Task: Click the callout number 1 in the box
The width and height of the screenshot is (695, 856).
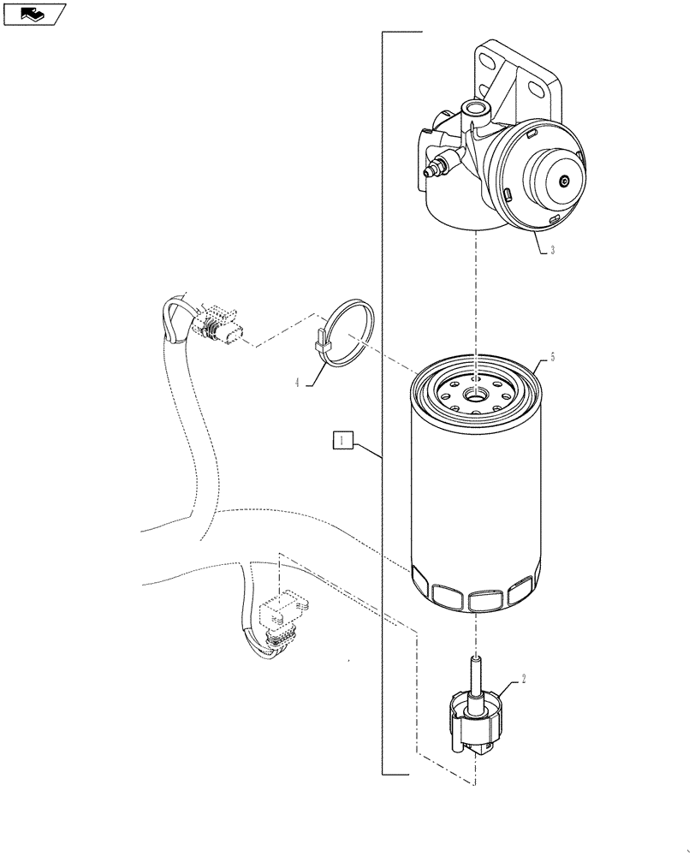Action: (x=342, y=440)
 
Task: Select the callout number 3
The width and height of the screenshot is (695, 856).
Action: (x=553, y=251)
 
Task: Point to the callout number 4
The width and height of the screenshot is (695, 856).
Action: (x=298, y=383)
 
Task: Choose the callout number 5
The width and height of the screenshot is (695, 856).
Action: (x=552, y=357)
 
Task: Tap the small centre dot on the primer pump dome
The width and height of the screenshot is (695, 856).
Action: (x=563, y=181)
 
